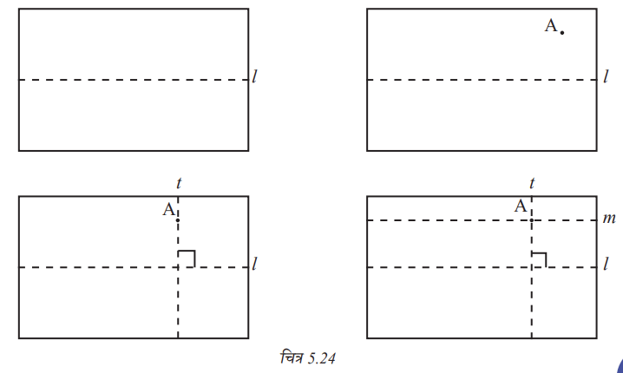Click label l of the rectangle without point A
255,76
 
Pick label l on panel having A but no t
606,76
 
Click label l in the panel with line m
606,264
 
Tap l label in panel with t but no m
255,264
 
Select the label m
609,218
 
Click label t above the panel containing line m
532,183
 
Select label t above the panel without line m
179,183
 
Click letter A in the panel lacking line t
551,26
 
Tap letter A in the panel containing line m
521,206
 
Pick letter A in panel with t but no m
169,209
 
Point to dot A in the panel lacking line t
561,33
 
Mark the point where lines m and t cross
532,220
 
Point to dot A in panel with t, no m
178,220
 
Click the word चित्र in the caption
292,357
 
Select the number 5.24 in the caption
321,359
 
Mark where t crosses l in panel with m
532,267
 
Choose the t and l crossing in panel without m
178,267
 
